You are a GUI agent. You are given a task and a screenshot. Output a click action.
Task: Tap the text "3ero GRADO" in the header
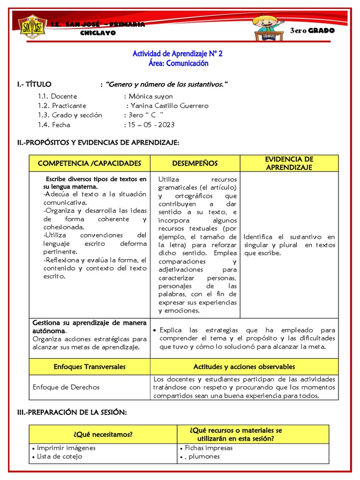pos(312,30)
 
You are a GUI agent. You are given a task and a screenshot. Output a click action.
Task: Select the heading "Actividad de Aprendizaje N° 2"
pos(178,54)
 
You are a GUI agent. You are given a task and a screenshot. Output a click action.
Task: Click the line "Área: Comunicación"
pos(178,63)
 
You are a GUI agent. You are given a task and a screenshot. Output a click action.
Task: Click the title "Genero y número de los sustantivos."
pos(167,84)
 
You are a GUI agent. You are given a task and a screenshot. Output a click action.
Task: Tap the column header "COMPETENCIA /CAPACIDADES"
pos(90,163)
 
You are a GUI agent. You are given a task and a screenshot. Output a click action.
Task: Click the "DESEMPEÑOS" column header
pos(195,163)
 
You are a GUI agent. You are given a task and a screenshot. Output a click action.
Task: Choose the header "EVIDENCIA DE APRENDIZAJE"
pos(289,163)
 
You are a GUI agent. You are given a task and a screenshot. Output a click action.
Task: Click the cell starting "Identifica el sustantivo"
pos(289,245)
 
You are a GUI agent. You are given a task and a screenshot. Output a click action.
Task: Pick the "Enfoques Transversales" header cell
pos(90,367)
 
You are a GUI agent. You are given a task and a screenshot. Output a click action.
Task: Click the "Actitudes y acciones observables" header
pos(244,367)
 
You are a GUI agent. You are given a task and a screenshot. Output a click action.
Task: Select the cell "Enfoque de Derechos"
pos(66,387)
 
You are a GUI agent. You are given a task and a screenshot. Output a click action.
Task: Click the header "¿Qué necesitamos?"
pos(103,434)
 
